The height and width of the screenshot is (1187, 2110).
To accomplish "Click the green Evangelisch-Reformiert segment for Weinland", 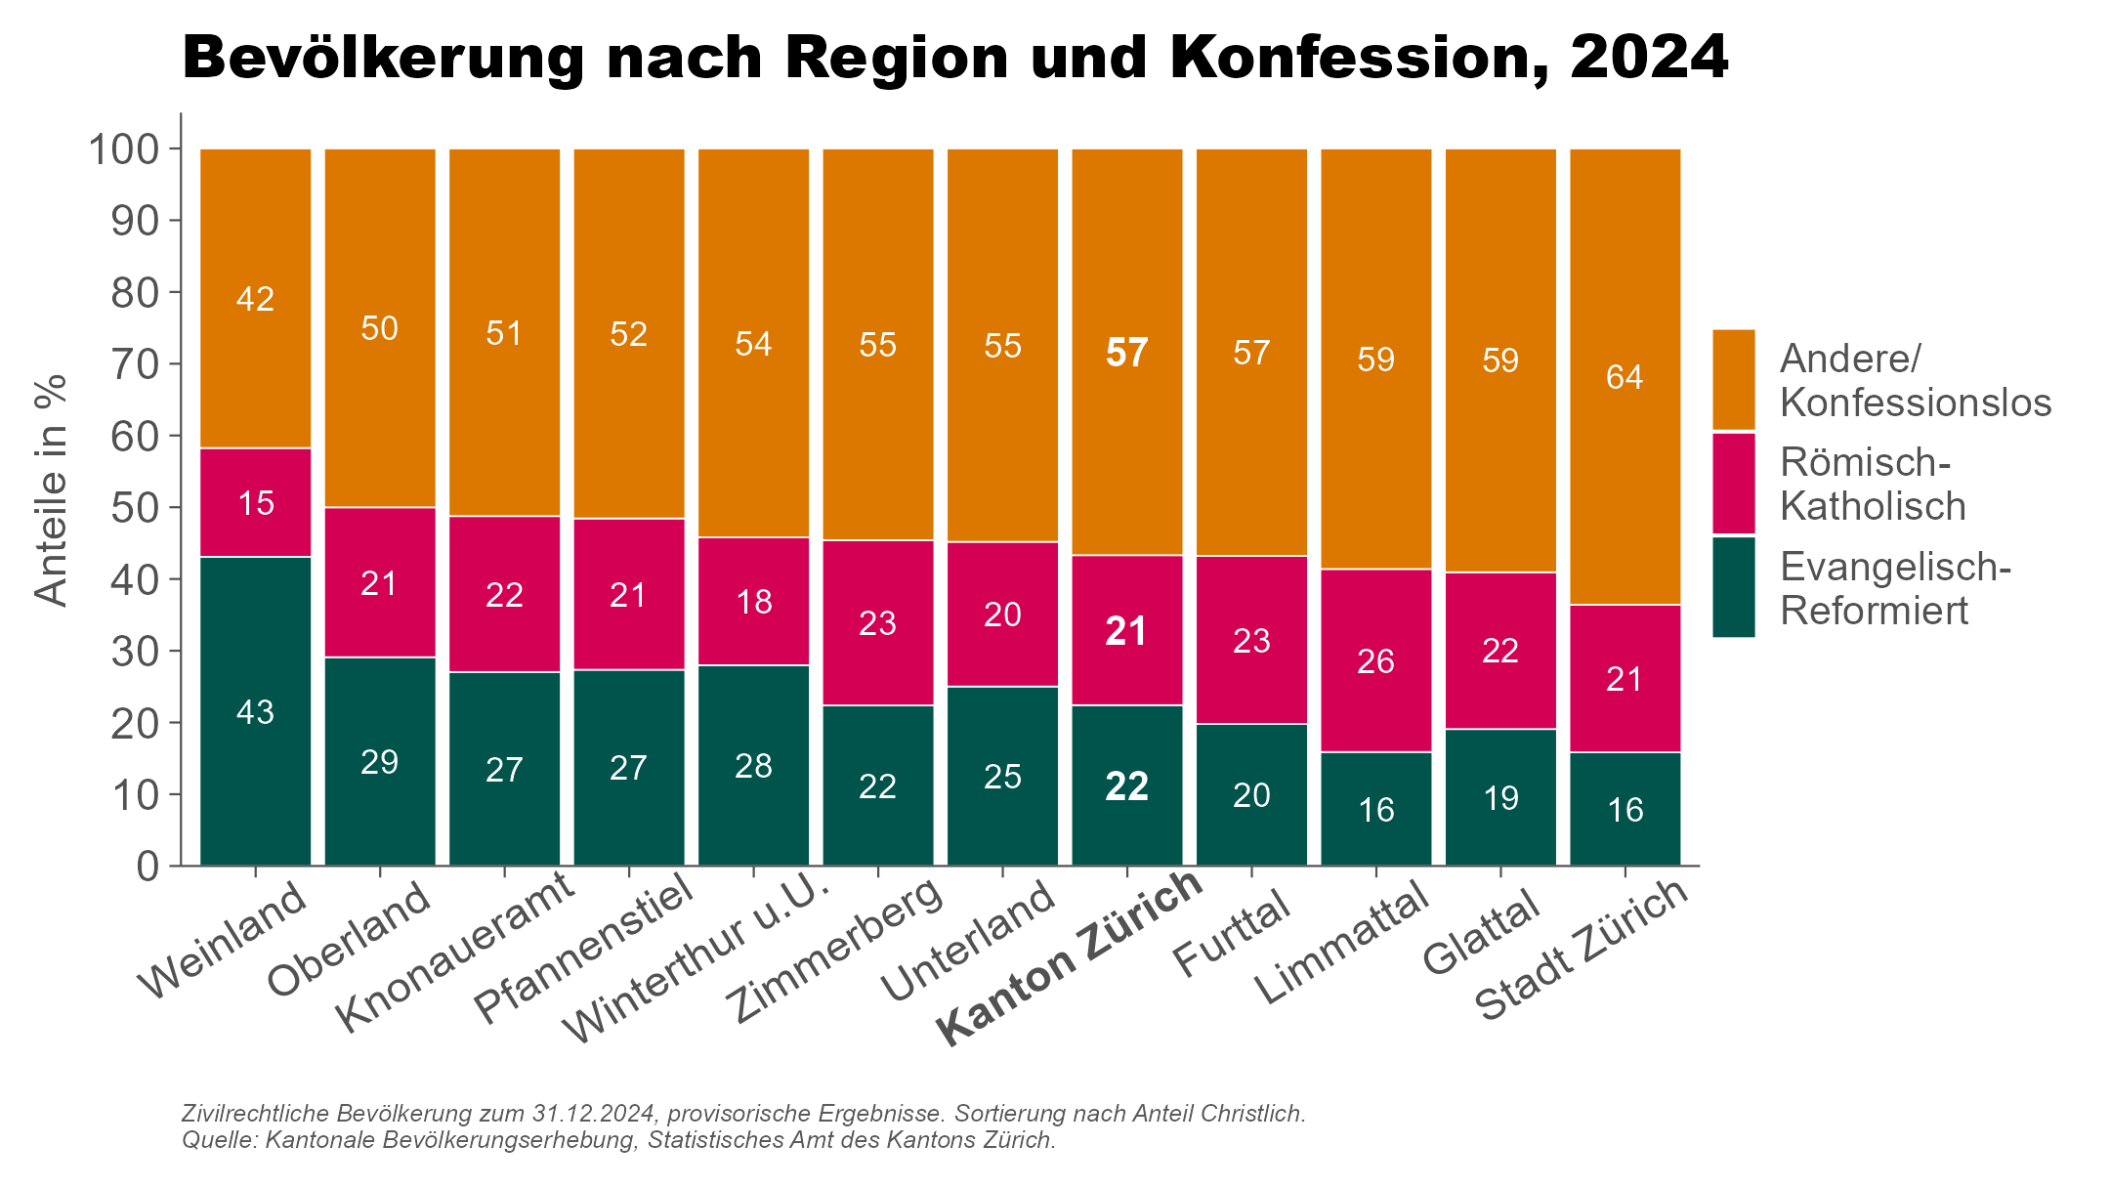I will coord(255,711).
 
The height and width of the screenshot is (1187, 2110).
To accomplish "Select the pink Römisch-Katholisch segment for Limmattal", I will coord(1375,660).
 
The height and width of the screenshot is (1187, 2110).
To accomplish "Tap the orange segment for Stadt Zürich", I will coord(1625,376).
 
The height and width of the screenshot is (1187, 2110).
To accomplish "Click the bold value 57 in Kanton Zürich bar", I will coord(1126,353).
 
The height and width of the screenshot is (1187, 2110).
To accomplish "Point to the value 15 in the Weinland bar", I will coord(256,503).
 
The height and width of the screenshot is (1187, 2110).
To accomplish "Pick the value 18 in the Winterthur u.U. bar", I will coord(753,602).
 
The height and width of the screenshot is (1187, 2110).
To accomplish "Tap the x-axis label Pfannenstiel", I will coord(584,949).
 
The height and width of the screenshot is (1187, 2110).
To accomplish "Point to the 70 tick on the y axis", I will coord(135,364).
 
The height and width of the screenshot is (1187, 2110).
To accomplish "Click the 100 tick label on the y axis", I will coord(123,149).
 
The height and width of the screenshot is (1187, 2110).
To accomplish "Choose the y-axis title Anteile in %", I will coord(51,490).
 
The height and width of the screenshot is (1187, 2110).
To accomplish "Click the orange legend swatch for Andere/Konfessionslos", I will coord(1733,379).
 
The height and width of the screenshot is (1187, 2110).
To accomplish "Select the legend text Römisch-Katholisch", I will coord(1872,485).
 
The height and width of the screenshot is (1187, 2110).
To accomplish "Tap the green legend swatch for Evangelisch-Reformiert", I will coord(1733,587).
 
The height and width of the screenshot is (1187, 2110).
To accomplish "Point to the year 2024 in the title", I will coord(1649,58).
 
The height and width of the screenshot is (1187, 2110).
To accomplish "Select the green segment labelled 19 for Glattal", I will coord(1500,798).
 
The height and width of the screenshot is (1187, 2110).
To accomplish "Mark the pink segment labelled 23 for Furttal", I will coord(1251,640).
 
